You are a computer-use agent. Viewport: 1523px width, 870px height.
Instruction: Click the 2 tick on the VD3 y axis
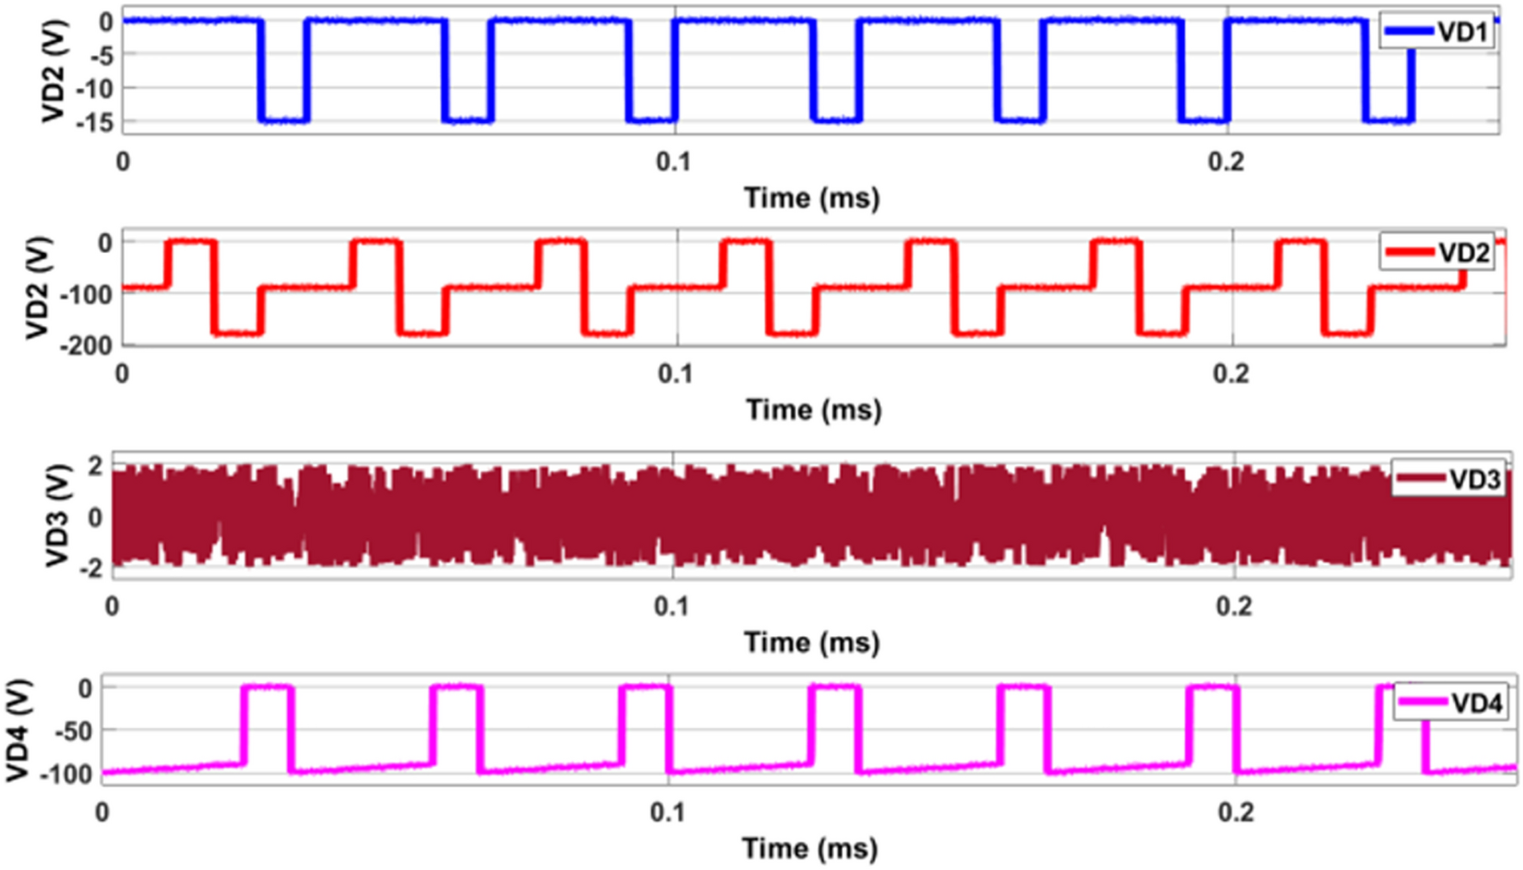pos(95,466)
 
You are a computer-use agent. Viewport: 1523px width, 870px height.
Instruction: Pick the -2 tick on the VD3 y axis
pos(90,567)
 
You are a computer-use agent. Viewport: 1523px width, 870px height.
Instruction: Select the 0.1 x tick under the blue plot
pos(674,161)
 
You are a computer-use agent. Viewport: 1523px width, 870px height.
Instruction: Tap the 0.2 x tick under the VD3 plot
pos(1234,607)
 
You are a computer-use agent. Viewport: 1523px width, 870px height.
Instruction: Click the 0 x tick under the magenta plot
pos(102,812)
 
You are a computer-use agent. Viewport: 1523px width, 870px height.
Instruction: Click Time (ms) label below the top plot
pos(811,198)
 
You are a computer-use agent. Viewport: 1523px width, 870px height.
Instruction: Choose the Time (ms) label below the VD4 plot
pos(810,848)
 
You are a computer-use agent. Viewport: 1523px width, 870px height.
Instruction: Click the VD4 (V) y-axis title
pos(19,730)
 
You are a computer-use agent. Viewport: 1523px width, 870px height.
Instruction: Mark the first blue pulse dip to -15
pos(283,120)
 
